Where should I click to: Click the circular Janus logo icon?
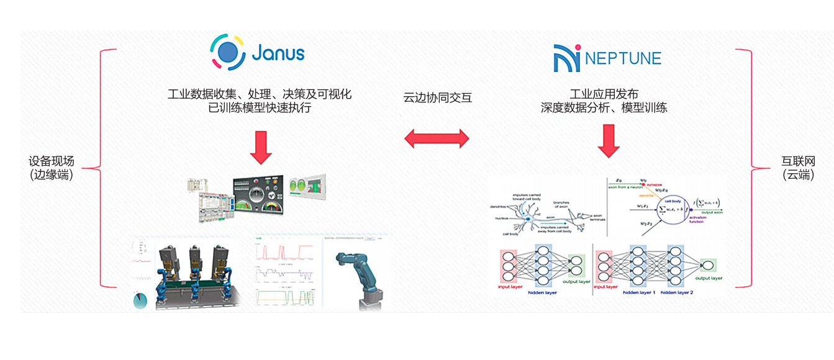229,53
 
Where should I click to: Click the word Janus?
278,52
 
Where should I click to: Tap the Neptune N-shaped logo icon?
566,58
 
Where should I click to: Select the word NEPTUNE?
623,59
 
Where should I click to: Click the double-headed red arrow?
437,138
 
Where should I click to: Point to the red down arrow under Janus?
260,147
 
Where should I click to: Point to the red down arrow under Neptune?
609,141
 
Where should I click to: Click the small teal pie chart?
140,300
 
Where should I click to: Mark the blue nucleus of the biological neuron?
528,218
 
